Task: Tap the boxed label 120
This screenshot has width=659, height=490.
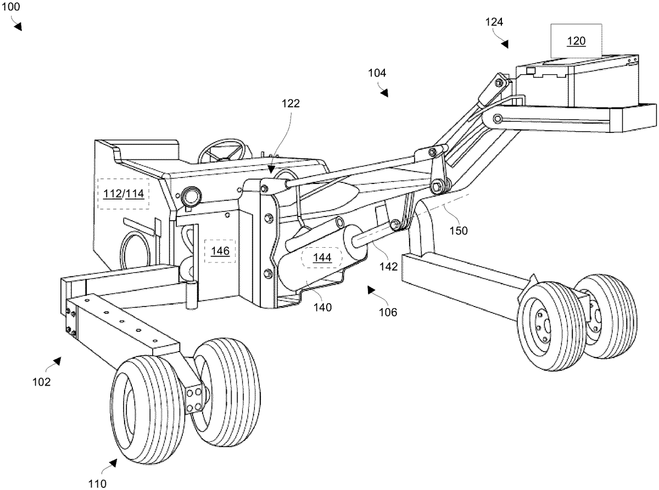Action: coord(576,40)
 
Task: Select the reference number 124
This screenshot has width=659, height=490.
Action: coord(494,22)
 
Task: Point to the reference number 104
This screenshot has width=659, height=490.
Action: coord(377,72)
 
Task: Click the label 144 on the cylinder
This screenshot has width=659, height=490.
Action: coord(322,257)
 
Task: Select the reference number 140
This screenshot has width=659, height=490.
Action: coord(322,307)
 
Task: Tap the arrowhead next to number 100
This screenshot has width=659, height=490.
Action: coord(18,26)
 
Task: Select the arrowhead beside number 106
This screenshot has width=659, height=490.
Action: coord(372,289)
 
